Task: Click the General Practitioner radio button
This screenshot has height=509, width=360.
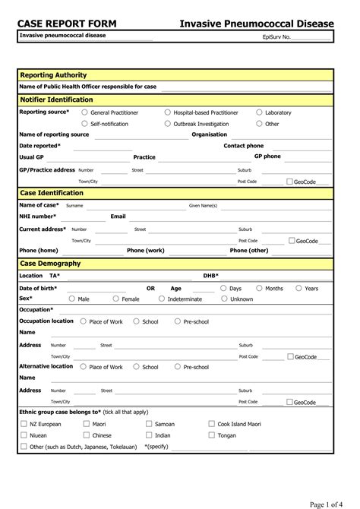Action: click(84, 112)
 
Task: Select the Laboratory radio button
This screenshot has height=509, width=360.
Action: click(259, 112)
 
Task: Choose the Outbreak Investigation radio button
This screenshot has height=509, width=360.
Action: click(167, 123)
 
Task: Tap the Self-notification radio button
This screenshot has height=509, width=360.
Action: click(84, 123)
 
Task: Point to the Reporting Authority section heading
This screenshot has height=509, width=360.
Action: click(53, 75)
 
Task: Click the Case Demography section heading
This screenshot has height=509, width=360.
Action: click(50, 263)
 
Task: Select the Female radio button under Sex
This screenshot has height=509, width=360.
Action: click(115, 299)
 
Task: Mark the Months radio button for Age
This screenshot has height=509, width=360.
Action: click(259, 289)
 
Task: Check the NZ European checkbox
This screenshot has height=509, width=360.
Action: click(24, 424)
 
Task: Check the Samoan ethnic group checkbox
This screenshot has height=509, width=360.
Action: click(148, 424)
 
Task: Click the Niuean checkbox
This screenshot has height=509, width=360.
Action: click(24, 435)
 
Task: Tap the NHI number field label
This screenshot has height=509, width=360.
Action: click(37, 217)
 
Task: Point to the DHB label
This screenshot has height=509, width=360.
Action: click(210, 276)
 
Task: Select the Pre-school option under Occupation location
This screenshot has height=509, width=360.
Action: click(177, 321)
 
